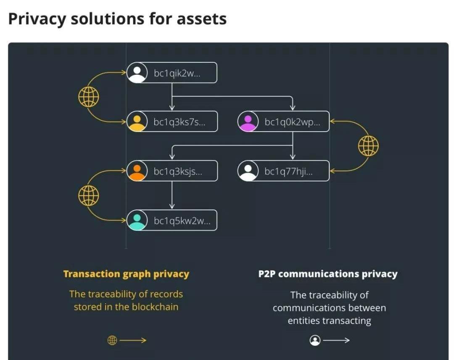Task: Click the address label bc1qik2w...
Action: [x=177, y=73]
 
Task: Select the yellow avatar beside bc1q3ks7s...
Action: [x=137, y=122]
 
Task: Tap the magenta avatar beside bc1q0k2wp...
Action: [x=248, y=122]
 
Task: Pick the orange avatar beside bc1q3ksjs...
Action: [x=137, y=171]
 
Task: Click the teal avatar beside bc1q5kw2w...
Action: [x=137, y=220]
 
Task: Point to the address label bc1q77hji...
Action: [x=288, y=171]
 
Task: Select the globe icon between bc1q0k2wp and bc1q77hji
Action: [x=368, y=146]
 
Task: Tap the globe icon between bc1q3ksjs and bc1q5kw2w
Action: [x=89, y=195]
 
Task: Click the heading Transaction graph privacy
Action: [x=126, y=274]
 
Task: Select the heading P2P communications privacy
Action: [x=327, y=274]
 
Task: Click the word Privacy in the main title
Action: [x=37, y=19]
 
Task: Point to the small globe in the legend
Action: [x=112, y=340]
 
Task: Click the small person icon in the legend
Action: [x=315, y=340]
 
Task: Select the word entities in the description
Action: [x=303, y=321]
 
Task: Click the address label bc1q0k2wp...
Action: [x=292, y=122]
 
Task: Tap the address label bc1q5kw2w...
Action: [x=182, y=220]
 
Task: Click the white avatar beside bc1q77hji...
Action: [x=248, y=171]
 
